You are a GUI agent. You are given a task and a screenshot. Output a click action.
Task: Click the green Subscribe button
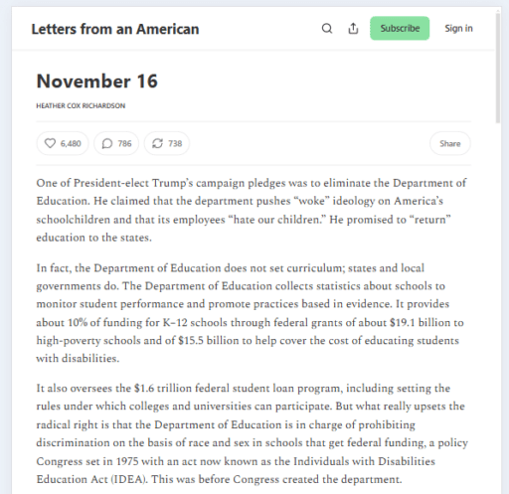[400, 28]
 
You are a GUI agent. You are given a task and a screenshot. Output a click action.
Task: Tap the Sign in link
[458, 28]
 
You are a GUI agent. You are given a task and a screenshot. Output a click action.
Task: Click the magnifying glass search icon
[327, 28]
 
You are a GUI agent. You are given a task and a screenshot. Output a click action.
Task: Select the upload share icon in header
[353, 28]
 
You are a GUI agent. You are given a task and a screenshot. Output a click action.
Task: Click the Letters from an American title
[114, 29]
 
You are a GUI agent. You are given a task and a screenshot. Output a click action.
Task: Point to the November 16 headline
[96, 81]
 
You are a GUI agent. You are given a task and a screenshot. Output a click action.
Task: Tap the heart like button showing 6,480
[63, 144]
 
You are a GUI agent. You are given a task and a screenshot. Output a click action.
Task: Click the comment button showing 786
[117, 144]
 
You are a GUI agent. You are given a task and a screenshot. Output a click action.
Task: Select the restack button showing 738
[166, 144]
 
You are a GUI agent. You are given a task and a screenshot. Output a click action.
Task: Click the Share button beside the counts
[450, 144]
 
